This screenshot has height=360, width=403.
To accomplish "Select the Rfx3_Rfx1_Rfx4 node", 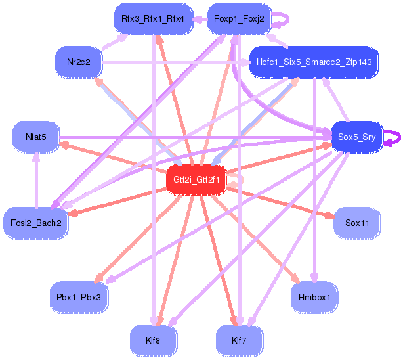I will point(152,20).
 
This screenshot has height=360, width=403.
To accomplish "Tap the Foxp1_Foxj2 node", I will point(239,20).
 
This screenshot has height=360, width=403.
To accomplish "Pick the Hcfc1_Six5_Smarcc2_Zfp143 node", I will point(314,62).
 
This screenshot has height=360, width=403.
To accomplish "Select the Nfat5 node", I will point(35,137).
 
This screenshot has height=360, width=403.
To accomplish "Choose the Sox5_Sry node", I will point(356,137).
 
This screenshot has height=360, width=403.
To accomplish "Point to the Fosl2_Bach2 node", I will point(35,223).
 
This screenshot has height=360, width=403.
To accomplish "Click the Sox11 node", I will point(357,223).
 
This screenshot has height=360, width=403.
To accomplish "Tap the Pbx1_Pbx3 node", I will point(78,298).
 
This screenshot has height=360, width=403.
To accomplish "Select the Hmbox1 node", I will point(314,298).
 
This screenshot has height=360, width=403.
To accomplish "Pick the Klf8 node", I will point(153,340).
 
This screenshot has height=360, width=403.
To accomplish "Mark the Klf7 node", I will point(239,340).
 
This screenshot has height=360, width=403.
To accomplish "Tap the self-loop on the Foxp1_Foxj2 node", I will point(282,20).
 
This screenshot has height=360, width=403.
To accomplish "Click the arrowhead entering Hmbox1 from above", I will point(314,279).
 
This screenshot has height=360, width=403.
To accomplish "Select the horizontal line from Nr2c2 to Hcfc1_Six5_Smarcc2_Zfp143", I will point(177,63).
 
